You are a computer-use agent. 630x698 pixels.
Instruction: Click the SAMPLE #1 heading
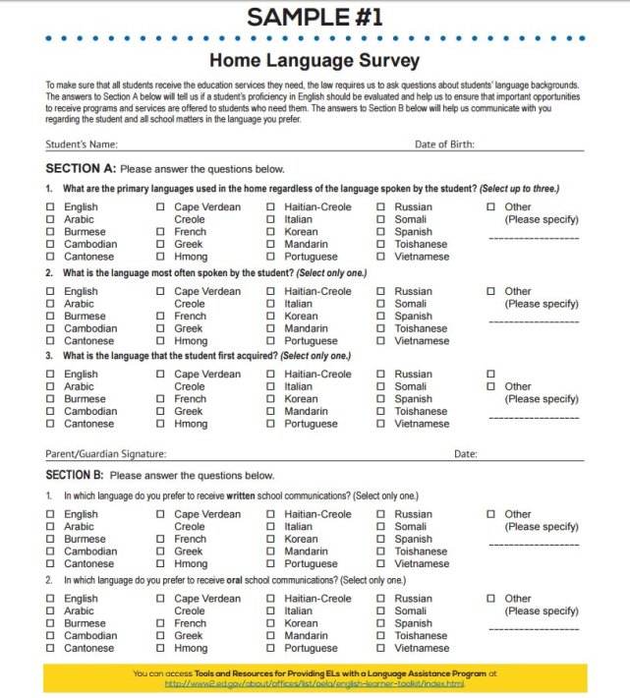[315, 17]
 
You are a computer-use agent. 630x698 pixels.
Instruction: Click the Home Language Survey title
[315, 59]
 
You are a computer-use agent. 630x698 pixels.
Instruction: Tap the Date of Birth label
[444, 145]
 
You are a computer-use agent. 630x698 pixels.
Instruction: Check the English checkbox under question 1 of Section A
[50, 207]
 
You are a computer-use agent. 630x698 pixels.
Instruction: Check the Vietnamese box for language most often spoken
[381, 341]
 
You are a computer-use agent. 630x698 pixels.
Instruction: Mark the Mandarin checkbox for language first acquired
[271, 412]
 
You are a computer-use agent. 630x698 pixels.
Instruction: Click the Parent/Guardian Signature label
[105, 454]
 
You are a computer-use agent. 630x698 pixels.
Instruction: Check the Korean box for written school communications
[271, 540]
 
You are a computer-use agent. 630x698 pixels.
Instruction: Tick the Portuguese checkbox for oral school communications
[271, 649]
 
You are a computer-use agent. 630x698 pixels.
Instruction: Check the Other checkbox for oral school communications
[491, 599]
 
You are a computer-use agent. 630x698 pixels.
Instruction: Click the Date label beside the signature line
[465, 454]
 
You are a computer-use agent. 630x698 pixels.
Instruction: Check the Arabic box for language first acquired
[50, 387]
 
